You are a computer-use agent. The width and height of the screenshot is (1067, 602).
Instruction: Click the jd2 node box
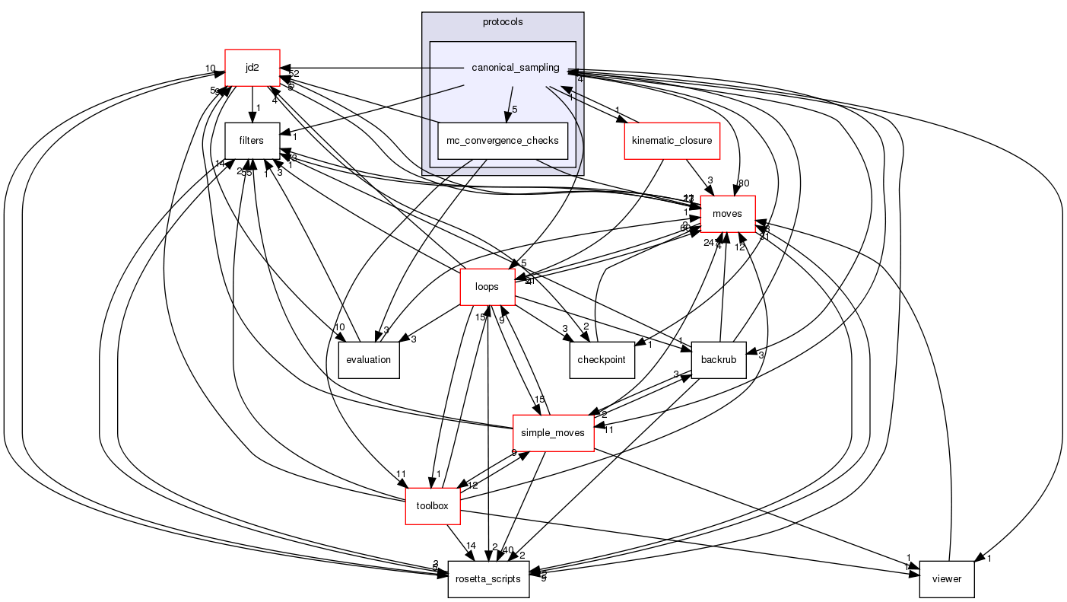(252, 68)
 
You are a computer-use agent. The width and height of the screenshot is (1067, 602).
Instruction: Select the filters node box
(251, 141)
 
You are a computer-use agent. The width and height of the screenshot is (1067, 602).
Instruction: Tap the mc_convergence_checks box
(503, 141)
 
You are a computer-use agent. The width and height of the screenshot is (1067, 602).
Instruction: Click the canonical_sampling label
(515, 68)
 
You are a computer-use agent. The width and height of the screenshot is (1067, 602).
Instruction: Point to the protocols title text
(503, 21)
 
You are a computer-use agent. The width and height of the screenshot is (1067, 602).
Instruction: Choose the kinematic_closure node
(672, 141)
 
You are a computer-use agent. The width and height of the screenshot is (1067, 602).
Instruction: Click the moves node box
(727, 214)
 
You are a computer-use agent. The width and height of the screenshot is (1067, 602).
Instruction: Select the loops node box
(487, 287)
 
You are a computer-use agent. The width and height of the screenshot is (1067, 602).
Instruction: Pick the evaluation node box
(368, 360)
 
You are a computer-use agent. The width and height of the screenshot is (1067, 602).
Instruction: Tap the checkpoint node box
(602, 360)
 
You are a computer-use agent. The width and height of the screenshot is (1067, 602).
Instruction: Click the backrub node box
(718, 360)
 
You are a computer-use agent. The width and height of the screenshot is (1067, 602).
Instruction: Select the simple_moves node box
(553, 433)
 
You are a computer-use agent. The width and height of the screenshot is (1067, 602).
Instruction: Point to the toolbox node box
(433, 506)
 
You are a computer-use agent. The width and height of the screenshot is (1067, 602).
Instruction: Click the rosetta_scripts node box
(487, 579)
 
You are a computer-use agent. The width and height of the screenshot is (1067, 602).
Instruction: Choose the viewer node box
(946, 579)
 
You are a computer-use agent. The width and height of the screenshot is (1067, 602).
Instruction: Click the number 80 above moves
(743, 183)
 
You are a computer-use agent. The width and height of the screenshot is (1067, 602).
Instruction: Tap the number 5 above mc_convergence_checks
(514, 110)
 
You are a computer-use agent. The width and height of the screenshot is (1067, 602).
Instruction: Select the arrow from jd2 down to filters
(252, 103)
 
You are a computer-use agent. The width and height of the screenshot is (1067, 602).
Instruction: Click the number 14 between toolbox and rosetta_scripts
(471, 546)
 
